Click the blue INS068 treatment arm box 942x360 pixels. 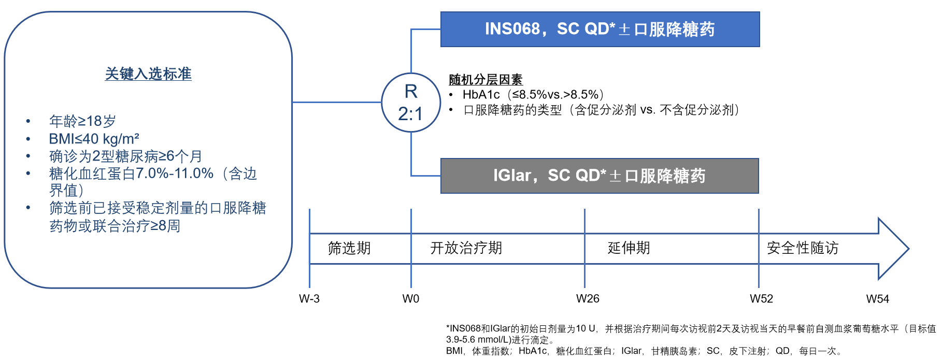(600, 30)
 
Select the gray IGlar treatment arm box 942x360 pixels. (600, 176)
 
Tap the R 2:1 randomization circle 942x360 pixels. (411, 103)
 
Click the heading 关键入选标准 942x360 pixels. (148, 74)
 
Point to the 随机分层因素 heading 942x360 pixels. (486, 80)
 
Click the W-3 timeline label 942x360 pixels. (309, 299)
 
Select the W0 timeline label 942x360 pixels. (411, 299)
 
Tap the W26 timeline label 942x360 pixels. (588, 299)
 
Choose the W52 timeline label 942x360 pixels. (761, 299)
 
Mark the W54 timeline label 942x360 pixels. (878, 299)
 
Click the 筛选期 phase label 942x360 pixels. (349, 248)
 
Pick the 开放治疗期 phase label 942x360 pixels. (466, 248)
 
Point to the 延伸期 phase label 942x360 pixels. (629, 248)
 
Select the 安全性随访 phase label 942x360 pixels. (803, 248)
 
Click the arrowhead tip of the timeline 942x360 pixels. (909, 249)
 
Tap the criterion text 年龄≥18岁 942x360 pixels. (82, 121)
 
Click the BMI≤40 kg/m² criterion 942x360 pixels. (94, 139)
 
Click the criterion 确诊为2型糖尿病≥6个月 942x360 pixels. (125, 156)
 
